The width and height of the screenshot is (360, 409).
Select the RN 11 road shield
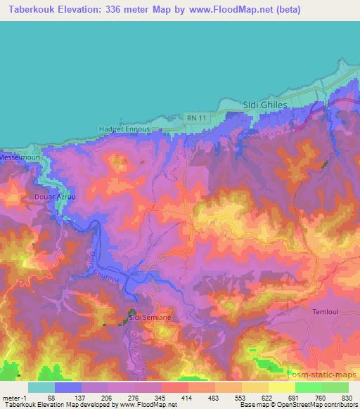[x=195, y=117]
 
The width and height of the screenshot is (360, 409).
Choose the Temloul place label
[x=326, y=310]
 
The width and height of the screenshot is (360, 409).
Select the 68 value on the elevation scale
[x=51, y=398]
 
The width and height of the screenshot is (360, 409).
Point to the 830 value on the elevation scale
[x=347, y=398]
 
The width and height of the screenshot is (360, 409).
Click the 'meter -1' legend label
[x=15, y=398]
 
